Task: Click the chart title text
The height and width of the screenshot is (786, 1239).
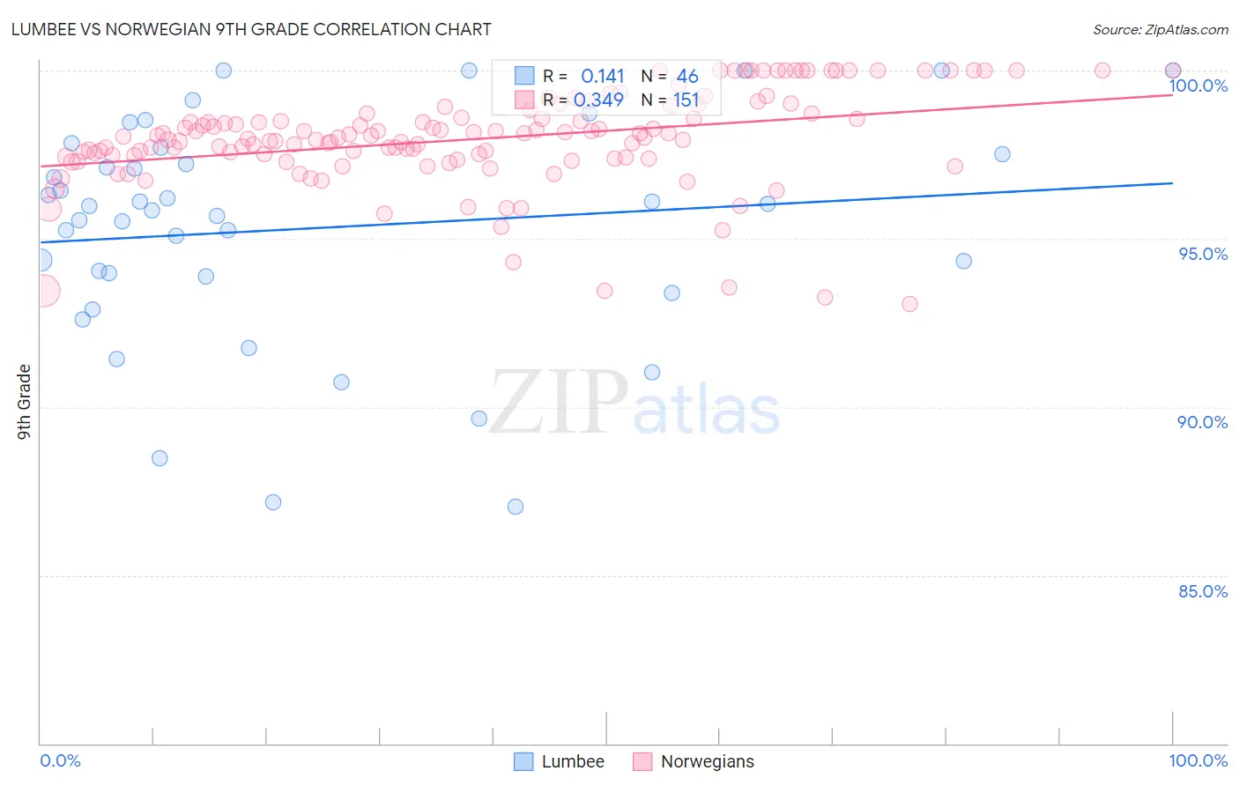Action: [252, 29]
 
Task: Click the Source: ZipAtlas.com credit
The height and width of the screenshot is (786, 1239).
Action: [1160, 30]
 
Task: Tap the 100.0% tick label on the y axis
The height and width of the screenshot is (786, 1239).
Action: [1198, 85]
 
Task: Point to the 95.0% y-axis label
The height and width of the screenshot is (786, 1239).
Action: [1203, 254]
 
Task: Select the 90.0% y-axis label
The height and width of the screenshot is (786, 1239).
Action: [1203, 422]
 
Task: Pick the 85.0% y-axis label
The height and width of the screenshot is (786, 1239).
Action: [1203, 591]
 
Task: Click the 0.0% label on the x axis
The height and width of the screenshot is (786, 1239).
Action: [60, 760]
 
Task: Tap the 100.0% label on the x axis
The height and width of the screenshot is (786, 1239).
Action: [1198, 760]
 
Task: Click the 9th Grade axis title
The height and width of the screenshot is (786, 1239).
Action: [24, 402]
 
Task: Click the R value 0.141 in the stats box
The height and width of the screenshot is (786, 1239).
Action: [603, 77]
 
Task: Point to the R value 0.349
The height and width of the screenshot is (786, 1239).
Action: [598, 100]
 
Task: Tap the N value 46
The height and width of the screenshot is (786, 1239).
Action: [687, 77]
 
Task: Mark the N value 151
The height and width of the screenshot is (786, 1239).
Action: [686, 100]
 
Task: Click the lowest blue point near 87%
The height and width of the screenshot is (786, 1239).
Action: [516, 507]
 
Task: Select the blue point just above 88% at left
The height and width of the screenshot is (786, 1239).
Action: [160, 458]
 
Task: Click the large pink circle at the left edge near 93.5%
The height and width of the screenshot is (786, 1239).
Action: [44, 291]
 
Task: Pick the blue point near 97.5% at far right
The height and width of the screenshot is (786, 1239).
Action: [1002, 154]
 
